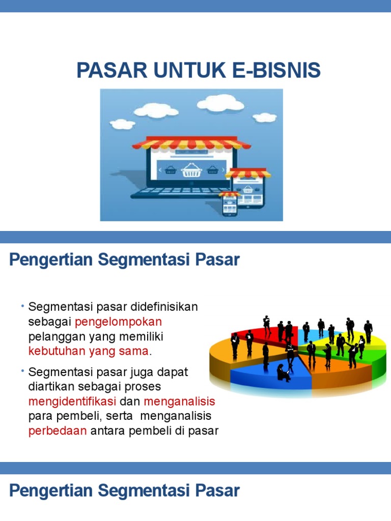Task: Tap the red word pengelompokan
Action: [118, 322]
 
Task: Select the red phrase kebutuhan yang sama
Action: [89, 351]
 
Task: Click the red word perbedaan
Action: [58, 431]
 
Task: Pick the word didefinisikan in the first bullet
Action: [164, 307]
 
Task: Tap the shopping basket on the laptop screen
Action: [191, 170]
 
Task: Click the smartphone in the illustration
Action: [230, 205]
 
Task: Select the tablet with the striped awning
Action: [248, 190]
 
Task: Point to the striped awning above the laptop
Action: [191, 143]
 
